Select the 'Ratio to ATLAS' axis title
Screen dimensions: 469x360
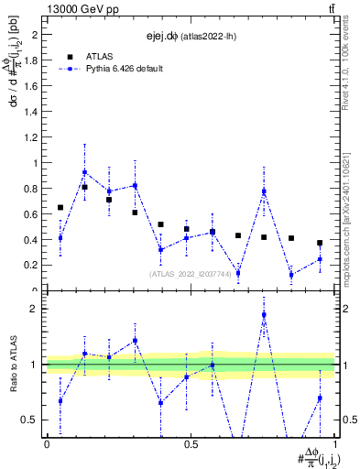coord(12,365)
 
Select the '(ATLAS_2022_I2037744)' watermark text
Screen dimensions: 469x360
coord(191,273)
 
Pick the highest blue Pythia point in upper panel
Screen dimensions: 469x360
coord(84,172)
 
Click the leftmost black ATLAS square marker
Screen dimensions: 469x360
coord(60,208)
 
